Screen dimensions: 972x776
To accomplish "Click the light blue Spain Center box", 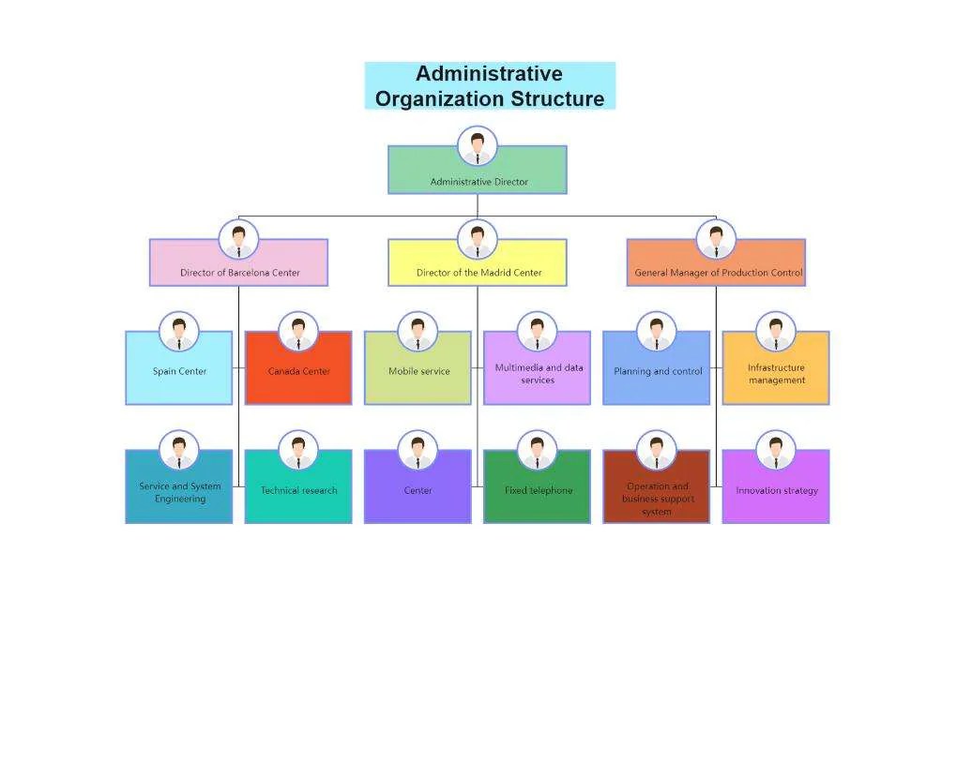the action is pos(178,375).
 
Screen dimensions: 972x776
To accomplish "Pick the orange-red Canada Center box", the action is pos(298,375).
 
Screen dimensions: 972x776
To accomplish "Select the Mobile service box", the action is pos(418,375).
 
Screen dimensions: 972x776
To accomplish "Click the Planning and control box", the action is pos(656,375).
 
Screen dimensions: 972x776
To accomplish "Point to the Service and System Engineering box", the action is pos(178,495).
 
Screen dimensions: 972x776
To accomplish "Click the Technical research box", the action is pos(298,493).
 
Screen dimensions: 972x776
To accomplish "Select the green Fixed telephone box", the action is pos(537,493).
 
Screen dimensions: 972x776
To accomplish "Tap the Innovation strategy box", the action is pos(775,493).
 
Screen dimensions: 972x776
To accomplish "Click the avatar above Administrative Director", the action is pos(478,146).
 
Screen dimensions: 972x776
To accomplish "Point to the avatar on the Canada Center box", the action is pos(298,332).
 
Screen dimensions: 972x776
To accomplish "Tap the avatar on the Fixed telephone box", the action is pos(537,451).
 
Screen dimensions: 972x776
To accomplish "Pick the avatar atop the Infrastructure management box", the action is pos(775,332).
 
